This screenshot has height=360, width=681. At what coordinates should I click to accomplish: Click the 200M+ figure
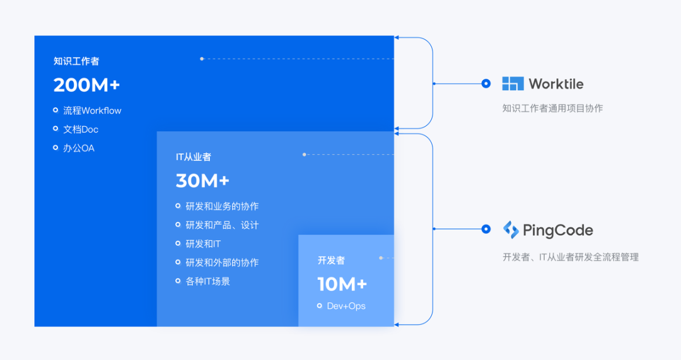[86, 85]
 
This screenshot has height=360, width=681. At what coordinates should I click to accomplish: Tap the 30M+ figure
[202, 181]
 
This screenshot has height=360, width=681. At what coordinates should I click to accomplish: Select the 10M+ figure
[342, 284]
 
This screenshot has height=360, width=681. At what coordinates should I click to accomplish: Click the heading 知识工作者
[76, 61]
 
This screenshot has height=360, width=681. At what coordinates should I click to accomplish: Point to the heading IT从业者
[194, 157]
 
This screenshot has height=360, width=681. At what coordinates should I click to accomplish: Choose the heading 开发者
[331, 260]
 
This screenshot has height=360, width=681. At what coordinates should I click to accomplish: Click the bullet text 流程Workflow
[92, 110]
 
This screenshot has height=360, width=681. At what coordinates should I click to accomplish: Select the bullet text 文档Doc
[81, 129]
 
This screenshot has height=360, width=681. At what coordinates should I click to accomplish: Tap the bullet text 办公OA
[79, 148]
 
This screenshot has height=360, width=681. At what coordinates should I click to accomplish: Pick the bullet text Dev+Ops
[346, 306]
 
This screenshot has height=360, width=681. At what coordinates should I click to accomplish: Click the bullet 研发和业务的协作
[222, 206]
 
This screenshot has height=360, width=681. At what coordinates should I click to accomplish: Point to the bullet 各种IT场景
[207, 281]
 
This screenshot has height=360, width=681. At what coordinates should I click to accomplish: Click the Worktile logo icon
[513, 83]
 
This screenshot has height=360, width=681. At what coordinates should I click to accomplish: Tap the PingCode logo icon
[511, 229]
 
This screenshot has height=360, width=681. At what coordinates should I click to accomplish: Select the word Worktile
[556, 84]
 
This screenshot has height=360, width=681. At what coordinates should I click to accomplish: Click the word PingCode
[558, 230]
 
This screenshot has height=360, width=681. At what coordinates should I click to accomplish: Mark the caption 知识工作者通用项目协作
[552, 108]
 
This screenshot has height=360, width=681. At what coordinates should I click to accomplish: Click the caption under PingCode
[570, 257]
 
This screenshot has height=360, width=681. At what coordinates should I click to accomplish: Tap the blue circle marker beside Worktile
[486, 83]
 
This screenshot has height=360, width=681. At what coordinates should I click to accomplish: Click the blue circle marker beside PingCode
[486, 229]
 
